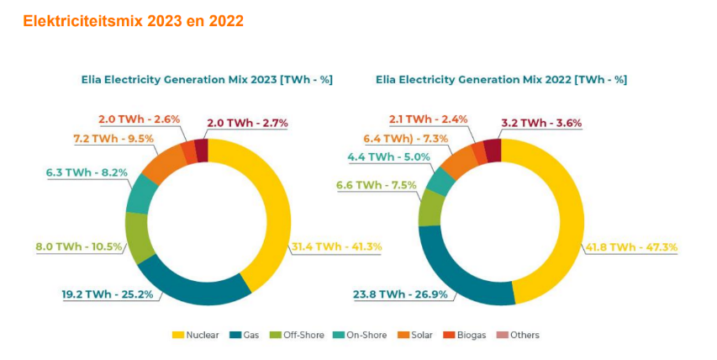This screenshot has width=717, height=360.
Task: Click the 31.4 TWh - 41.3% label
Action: point(336,246)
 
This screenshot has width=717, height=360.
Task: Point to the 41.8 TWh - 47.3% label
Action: point(631,246)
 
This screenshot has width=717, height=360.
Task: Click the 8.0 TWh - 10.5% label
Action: point(80,246)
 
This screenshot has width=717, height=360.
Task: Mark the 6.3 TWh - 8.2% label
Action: point(87,172)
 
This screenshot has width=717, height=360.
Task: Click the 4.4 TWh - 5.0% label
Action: point(388,156)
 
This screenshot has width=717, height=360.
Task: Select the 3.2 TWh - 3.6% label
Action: point(540,123)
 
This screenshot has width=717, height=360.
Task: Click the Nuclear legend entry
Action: point(196,335)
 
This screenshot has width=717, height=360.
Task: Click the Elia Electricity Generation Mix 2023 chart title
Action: point(206,79)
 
